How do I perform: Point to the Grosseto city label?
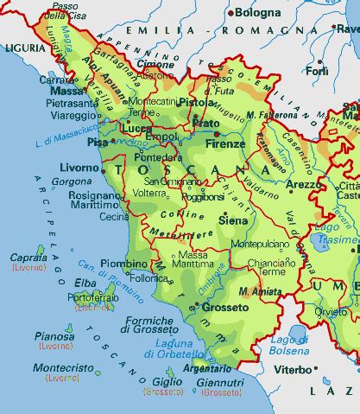click(x=225, y=307)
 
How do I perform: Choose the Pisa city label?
click(x=97, y=141)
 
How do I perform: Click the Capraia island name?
click(x=28, y=258)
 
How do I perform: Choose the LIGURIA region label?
click(x=21, y=48)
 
